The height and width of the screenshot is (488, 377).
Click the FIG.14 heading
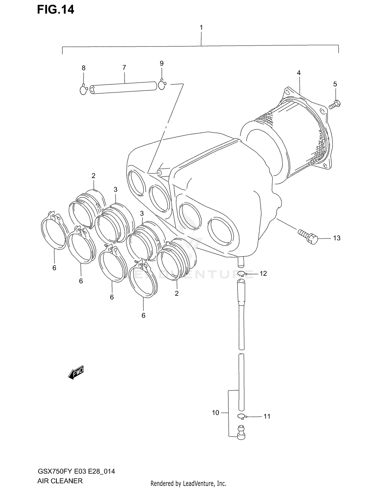tap(56, 10)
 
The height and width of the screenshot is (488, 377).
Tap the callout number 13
tap(337, 238)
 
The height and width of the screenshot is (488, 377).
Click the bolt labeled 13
tap(308, 236)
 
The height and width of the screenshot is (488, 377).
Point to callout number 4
tap(299, 73)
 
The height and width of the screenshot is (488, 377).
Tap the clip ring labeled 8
tap(83, 90)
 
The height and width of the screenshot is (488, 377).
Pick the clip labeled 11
tap(242, 416)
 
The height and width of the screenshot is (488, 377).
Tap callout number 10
tap(215, 413)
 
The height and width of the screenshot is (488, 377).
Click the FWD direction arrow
tap(76, 373)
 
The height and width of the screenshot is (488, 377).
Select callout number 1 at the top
tap(201, 28)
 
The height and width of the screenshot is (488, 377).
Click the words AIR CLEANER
tap(60, 481)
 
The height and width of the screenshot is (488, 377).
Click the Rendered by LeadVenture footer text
tap(188, 483)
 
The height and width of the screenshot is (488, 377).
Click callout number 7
tap(124, 68)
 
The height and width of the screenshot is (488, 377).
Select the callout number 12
tap(263, 274)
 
